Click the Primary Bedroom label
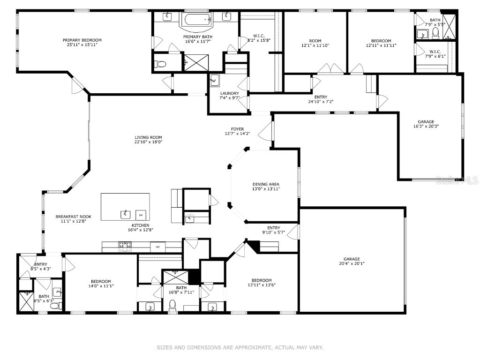pos(82,40)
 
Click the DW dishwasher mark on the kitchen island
pos(140,215)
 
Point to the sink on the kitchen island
pos(125,214)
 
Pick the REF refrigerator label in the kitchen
pos(157,246)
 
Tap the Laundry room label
pos(229,93)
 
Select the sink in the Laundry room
pos(215,79)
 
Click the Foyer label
pos(237,129)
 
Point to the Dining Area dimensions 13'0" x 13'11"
pos(266,189)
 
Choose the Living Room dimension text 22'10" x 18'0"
pos(148,142)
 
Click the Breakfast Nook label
pos(73,217)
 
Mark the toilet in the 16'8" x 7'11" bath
pos(172,305)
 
